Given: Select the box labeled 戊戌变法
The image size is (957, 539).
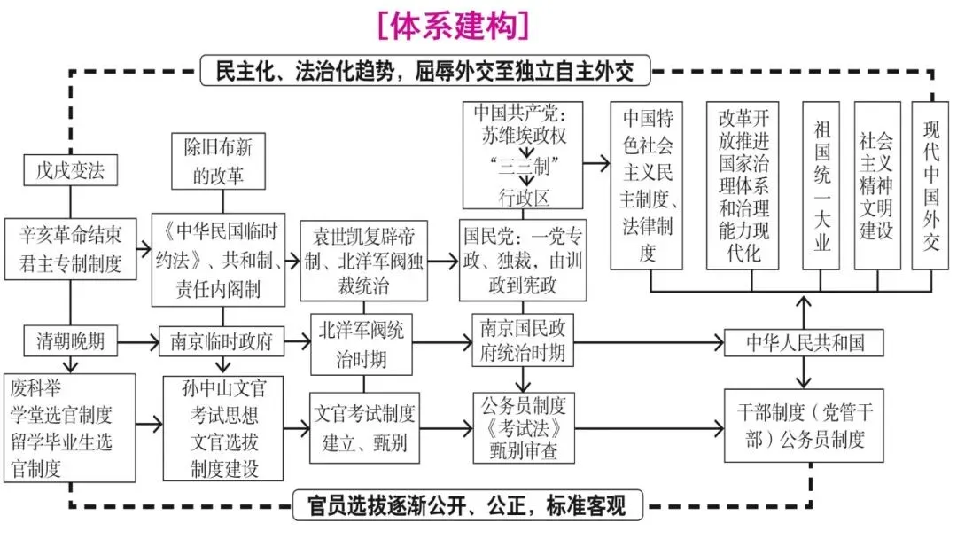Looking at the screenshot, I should tap(70, 170).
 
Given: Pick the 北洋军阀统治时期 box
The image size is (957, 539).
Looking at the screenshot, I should tap(362, 343).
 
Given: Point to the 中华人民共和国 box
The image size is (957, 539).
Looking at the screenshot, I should tap(805, 342).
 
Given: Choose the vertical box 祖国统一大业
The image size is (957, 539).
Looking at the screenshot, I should tap(821, 185).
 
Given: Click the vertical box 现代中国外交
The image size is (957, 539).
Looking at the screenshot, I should tap(930, 185).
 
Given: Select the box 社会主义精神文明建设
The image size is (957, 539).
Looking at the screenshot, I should tap(876, 185).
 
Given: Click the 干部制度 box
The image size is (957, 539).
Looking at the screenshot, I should tap(805, 425).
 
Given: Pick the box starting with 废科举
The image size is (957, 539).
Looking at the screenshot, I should tap(70, 427).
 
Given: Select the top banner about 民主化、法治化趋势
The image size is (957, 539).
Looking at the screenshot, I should tap(425, 71).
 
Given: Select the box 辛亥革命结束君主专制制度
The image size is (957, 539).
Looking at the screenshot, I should tap(70, 250).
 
